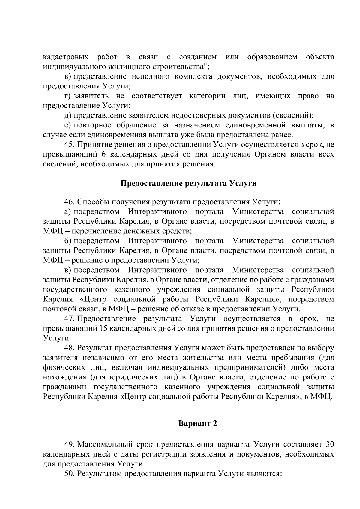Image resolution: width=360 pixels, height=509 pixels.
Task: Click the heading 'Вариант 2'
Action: tap(197, 423)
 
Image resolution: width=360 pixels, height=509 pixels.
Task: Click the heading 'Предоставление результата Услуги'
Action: tap(188, 183)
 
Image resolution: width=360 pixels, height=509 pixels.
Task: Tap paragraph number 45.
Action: tap(69, 145)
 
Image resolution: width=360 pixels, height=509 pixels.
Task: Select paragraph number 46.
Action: tap(69, 202)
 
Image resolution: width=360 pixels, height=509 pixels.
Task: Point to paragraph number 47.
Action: tap(69, 318)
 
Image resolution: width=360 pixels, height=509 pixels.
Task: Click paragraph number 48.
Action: tap(69, 348)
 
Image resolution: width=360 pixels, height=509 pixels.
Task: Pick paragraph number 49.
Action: tap(69, 444)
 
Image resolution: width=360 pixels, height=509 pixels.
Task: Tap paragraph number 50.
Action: tap(69, 473)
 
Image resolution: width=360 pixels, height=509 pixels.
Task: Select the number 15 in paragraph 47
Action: tap(102, 328)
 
